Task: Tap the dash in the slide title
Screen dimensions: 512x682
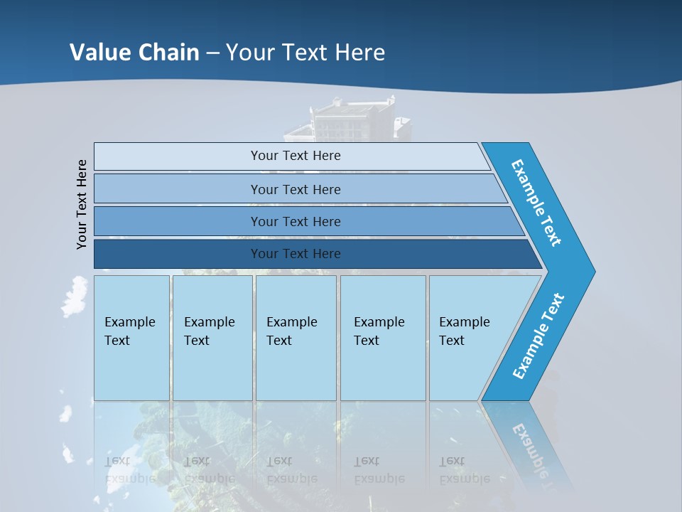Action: [x=212, y=53]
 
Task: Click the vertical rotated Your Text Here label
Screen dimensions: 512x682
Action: [x=82, y=204]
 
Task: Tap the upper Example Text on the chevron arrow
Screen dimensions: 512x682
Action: [x=536, y=203]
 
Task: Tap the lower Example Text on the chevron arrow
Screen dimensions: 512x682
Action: [x=538, y=336]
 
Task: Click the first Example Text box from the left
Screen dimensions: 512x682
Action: [x=131, y=338]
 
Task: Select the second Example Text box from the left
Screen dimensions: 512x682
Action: [x=212, y=338]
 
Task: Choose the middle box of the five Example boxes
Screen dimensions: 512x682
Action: [x=296, y=338]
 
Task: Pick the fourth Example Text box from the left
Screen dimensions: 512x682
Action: [x=382, y=338]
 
